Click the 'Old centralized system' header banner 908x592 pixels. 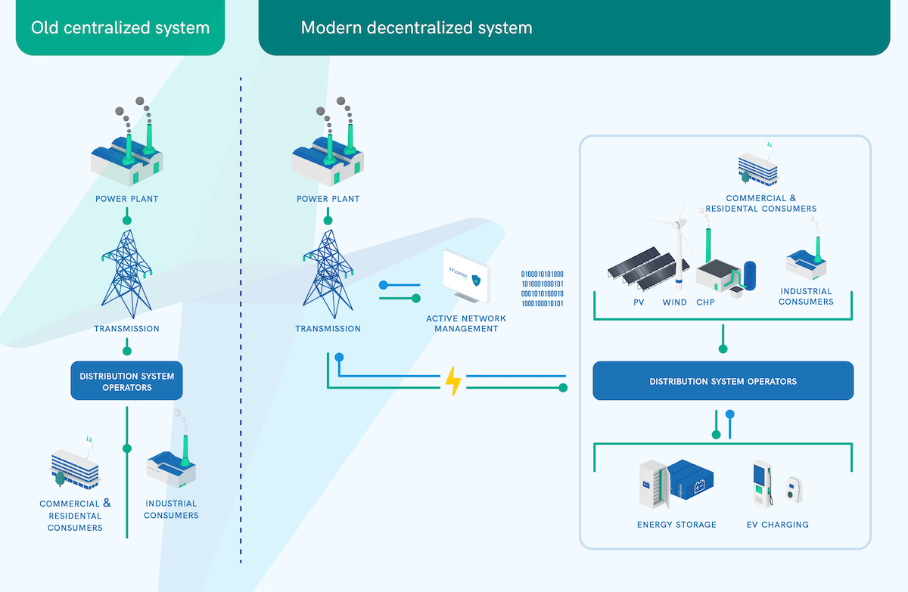point(120,28)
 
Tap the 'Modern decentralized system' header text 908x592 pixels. point(416,28)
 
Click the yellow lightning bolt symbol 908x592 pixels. point(452,382)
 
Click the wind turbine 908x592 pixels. point(678,250)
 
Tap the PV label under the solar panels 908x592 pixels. point(639,302)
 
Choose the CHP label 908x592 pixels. point(705,302)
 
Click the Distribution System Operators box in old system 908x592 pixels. point(126,382)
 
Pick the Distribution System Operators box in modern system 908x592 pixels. point(723,381)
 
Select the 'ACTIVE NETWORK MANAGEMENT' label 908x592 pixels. point(465,324)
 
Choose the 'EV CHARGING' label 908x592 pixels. point(777,525)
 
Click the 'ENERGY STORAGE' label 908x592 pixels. point(676,525)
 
